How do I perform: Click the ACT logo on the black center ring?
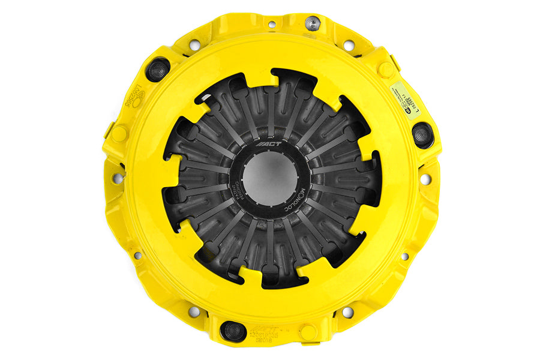coord(270,145)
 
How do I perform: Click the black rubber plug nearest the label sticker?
coord(422,134)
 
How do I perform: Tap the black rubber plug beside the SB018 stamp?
coord(232,331)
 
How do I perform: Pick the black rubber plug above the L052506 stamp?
coord(158,68)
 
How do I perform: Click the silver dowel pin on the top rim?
coord(311,23)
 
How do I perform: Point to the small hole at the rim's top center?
coord(272,25)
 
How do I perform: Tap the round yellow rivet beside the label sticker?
coord(386,69)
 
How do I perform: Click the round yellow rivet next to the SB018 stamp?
coord(308,332)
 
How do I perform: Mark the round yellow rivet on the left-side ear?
coord(119,134)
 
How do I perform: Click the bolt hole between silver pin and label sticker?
coord(349,45)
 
